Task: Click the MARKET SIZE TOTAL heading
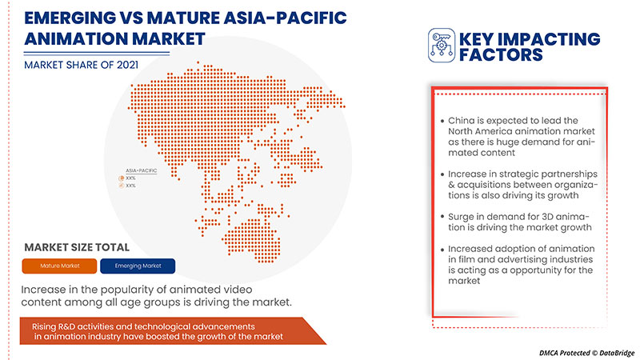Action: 77,247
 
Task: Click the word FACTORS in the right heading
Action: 502,55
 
